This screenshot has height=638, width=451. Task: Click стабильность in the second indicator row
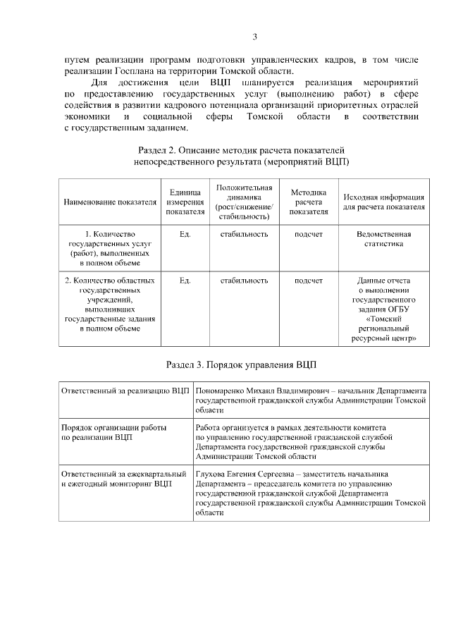(244, 281)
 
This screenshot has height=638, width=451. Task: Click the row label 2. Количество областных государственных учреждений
(110, 304)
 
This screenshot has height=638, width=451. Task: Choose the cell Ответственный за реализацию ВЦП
(125, 391)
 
